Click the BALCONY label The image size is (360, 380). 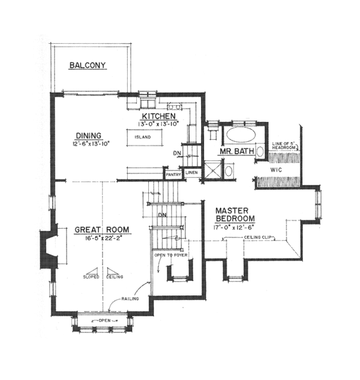(x=87, y=65)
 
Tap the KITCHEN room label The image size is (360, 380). (x=158, y=116)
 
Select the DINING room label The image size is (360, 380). (x=88, y=135)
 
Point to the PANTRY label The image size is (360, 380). (x=173, y=175)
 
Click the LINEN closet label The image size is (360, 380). (x=191, y=173)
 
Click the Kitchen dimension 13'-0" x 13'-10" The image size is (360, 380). (x=160, y=124)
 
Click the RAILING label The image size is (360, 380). (x=130, y=298)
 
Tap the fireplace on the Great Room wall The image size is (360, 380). (x=47, y=249)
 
